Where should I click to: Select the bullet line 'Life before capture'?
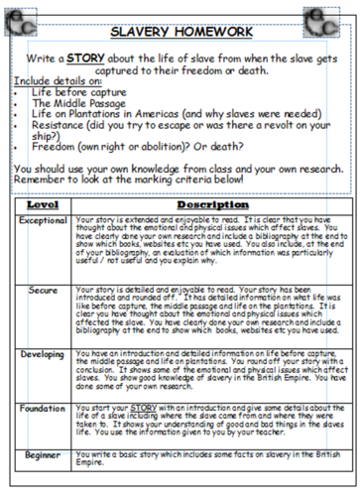coord(76,89)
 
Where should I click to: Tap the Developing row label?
coord(42,353)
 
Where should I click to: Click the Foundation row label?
coord(42,408)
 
